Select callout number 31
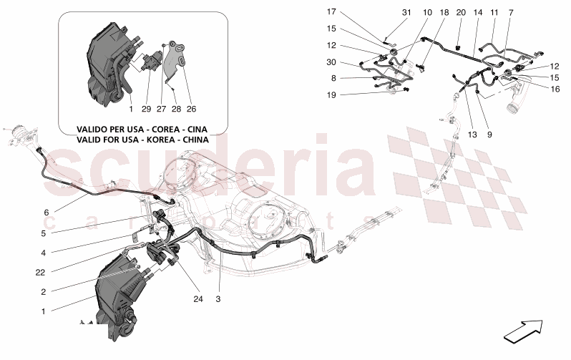[406, 12]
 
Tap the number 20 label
[460, 12]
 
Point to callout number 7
[511, 12]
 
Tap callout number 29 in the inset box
[147, 110]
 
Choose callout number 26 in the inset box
[191, 110]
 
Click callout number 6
[47, 213]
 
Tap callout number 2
[44, 292]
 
